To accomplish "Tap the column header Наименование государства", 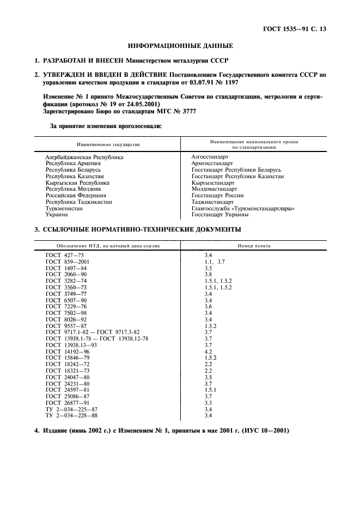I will (108, 145).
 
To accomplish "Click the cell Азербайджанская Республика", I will (84, 157).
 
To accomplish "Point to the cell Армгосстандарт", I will (212, 163).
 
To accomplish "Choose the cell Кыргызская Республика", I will (77, 183).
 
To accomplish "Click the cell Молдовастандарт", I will (215, 189).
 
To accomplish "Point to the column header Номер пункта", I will (254, 246).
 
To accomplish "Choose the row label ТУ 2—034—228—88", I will (72, 416).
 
